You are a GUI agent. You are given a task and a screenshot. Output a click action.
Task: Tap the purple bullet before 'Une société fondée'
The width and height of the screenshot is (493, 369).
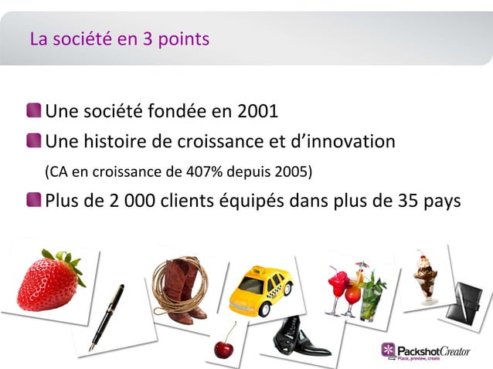point(34,112)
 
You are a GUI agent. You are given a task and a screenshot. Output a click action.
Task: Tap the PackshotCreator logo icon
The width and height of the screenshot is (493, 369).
point(388,350)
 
